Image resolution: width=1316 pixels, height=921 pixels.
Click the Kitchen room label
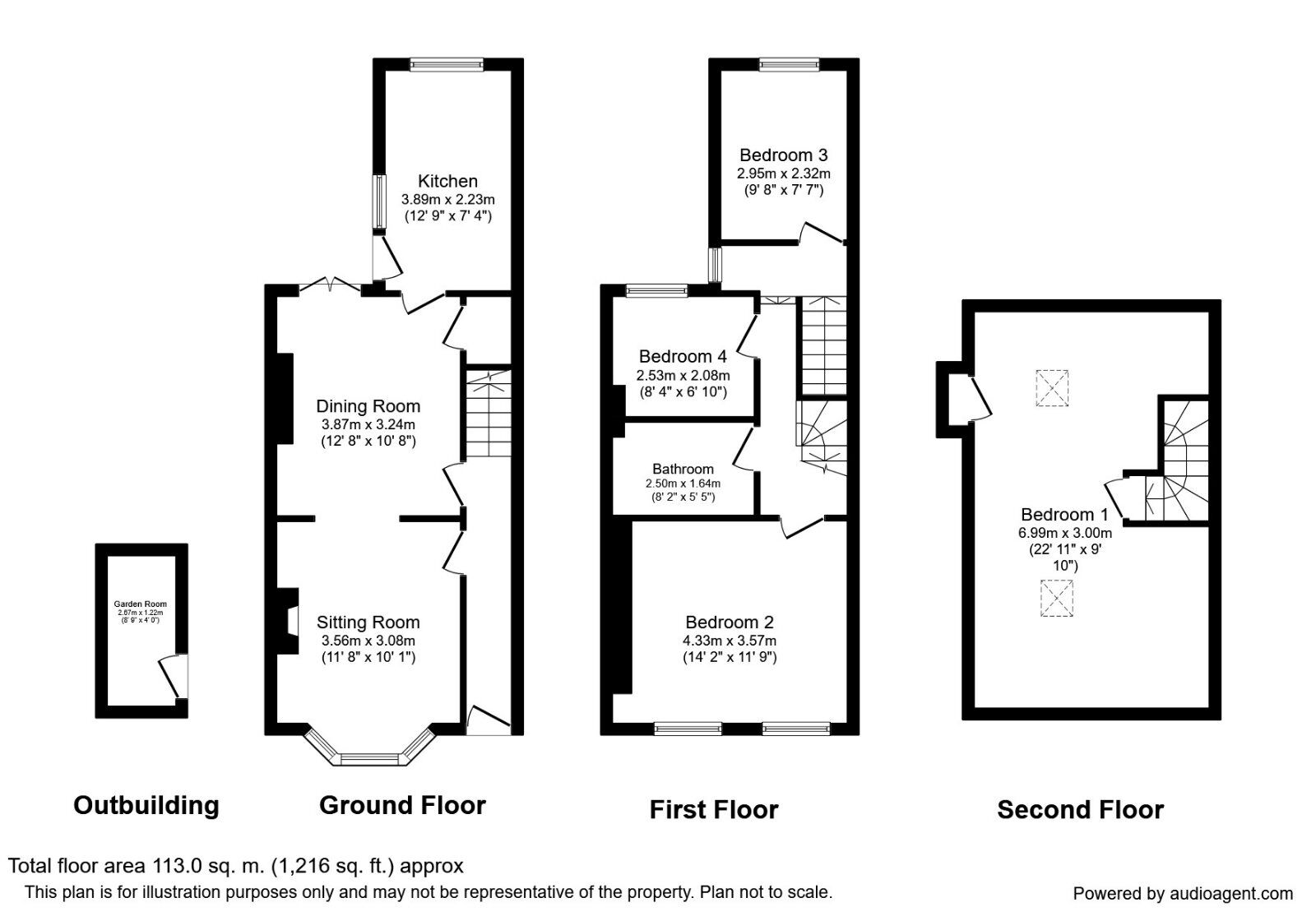tap(447, 181)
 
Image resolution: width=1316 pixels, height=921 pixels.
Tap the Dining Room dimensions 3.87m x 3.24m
tap(368, 424)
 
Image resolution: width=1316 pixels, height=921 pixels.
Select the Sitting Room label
tap(368, 622)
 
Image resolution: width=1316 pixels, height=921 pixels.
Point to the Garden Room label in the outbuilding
tap(140, 604)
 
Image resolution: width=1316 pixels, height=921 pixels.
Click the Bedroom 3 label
tap(783, 155)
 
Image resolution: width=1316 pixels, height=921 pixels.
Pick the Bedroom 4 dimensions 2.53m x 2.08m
tap(683, 375)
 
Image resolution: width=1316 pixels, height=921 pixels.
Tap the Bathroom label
tap(683, 469)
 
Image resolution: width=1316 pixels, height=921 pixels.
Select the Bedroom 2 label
tap(729, 622)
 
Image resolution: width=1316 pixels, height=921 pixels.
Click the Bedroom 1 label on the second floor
tap(1064, 515)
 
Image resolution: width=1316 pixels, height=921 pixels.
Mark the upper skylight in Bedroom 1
tap(1052, 388)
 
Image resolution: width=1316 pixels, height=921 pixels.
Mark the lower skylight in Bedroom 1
tap(1057, 598)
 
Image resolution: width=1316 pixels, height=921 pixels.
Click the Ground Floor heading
tap(402, 805)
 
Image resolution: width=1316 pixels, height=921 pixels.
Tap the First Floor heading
tap(713, 810)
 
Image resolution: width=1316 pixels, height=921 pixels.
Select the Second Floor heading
tap(1080, 810)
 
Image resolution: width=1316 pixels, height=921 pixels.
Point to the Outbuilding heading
tap(146, 805)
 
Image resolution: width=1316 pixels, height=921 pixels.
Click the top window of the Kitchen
tap(447, 64)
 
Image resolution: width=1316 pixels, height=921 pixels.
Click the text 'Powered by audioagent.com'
tap(1183, 894)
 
